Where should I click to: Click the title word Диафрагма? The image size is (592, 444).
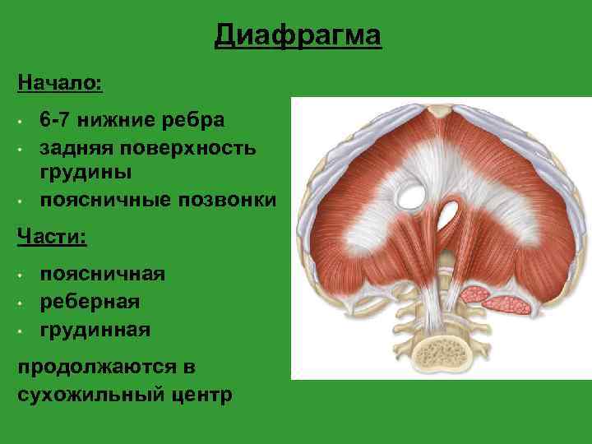[x=298, y=36]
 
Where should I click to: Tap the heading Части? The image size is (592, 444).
[x=52, y=235]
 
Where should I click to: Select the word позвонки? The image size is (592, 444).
[x=228, y=201]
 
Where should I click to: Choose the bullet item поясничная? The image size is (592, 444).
[x=103, y=274]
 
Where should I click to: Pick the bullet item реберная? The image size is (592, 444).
[x=90, y=302]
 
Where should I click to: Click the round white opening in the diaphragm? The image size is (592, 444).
[x=409, y=195]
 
